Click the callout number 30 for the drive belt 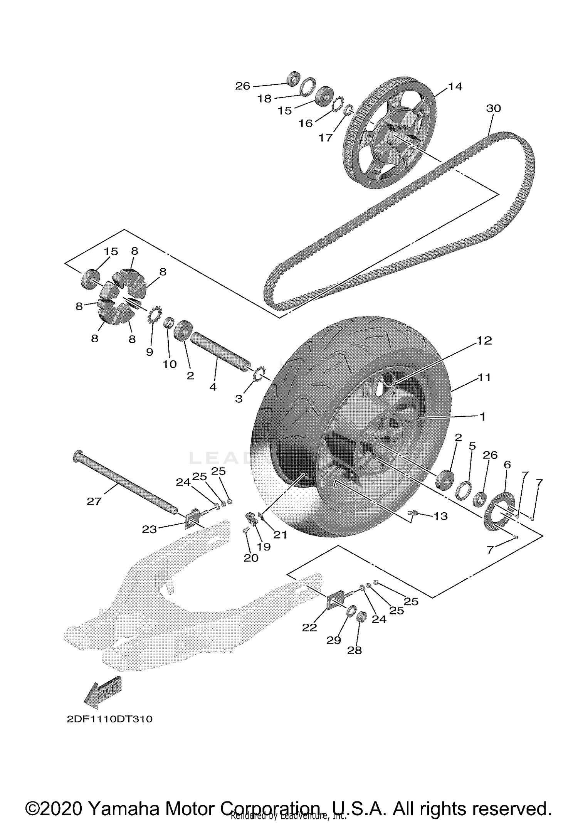[x=493, y=108]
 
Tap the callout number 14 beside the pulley [x=455, y=87]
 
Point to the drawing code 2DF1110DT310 [x=109, y=719]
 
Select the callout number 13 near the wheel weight [x=440, y=516]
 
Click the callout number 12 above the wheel [x=484, y=340]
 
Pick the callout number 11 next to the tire [x=484, y=377]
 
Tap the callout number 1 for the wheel [x=482, y=417]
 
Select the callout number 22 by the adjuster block [x=309, y=628]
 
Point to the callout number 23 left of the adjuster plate [x=149, y=530]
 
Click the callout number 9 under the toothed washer [x=150, y=352]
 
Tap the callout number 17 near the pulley [x=326, y=137]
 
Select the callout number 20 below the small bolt [x=251, y=558]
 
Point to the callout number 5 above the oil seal [x=472, y=446]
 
